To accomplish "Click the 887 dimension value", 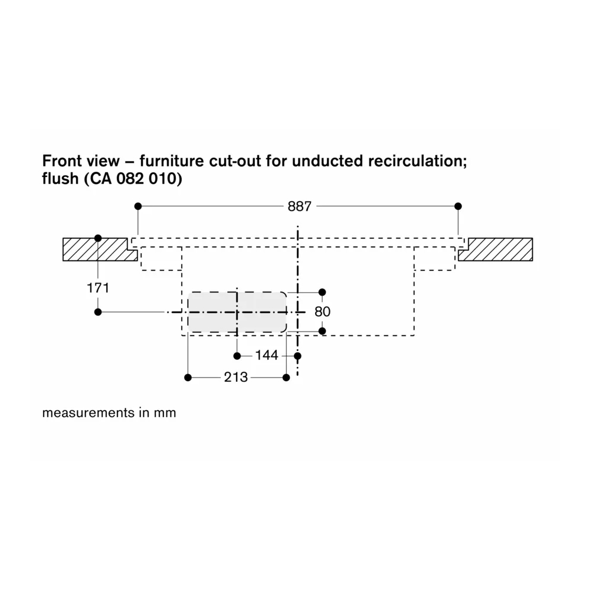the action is pyautogui.click(x=300, y=206).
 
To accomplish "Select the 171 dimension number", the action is pyautogui.click(x=98, y=289).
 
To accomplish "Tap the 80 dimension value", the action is pyautogui.click(x=323, y=312).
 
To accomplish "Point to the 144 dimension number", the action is pyautogui.click(x=267, y=355).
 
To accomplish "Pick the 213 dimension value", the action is pyautogui.click(x=236, y=377).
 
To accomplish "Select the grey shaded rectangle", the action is pyautogui.click(x=237, y=312).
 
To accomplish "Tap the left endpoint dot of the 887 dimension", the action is pyautogui.click(x=138, y=206).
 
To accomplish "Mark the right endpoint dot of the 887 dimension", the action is pyautogui.click(x=458, y=206).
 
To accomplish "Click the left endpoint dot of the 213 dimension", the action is pyautogui.click(x=188, y=378).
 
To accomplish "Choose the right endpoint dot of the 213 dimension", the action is pyautogui.click(x=286, y=378).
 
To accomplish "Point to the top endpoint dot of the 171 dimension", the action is pyautogui.click(x=98, y=238).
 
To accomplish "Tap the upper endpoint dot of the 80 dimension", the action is pyautogui.click(x=322, y=292).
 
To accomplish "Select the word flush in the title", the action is pyautogui.click(x=60, y=178).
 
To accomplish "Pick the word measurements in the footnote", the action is pyautogui.click(x=88, y=413).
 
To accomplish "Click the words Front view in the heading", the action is pyautogui.click(x=80, y=161).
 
